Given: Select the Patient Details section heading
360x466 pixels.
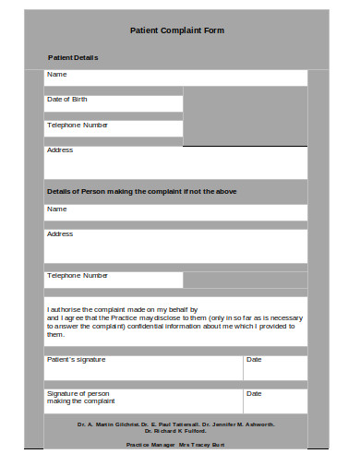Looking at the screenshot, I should [73, 57].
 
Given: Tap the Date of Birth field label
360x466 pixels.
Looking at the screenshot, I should [67, 99].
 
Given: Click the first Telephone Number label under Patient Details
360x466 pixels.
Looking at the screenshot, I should [78, 125].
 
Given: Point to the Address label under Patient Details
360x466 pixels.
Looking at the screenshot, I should [60, 149].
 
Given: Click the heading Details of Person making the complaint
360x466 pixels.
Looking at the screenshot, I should [142, 191].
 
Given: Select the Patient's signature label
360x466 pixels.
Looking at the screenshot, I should [77, 359].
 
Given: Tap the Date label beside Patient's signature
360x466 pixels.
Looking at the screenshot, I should [254, 359].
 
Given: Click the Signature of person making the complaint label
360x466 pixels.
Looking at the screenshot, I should [81, 397].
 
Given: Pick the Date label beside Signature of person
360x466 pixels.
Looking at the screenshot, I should [254, 393].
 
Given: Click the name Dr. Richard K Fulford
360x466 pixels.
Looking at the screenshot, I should [175, 431].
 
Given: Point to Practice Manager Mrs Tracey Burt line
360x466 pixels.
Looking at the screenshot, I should [175, 445].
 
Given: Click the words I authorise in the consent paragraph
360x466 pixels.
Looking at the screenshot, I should [64, 310].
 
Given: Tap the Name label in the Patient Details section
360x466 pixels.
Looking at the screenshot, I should [57, 74].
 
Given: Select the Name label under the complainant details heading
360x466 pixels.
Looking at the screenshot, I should [57, 209].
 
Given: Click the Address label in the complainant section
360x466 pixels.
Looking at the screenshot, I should [60, 233].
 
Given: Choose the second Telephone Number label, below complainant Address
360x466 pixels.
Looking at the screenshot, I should [78, 275].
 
